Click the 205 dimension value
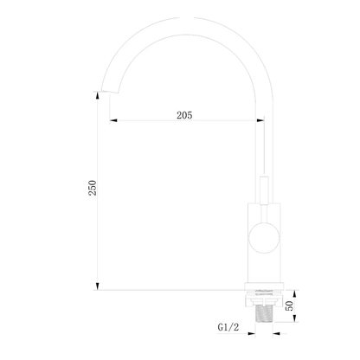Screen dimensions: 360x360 pyautogui.click(x=184, y=115)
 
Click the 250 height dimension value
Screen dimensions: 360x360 pyautogui.click(x=93, y=188)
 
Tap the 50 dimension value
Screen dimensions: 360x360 pyautogui.click(x=289, y=305)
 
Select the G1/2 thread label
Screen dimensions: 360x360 pyautogui.click(x=228, y=327)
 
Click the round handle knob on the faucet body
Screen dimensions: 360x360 pyautogui.click(x=264, y=238)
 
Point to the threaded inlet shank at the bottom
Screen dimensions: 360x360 pyautogui.click(x=264, y=313)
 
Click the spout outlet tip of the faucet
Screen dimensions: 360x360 pyautogui.click(x=109, y=91)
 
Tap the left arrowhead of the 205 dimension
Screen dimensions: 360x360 pyautogui.click(x=113, y=120)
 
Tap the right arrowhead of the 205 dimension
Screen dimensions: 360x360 pyautogui.click(x=260, y=120)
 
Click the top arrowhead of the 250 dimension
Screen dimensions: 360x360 pyautogui.click(x=98, y=96)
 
